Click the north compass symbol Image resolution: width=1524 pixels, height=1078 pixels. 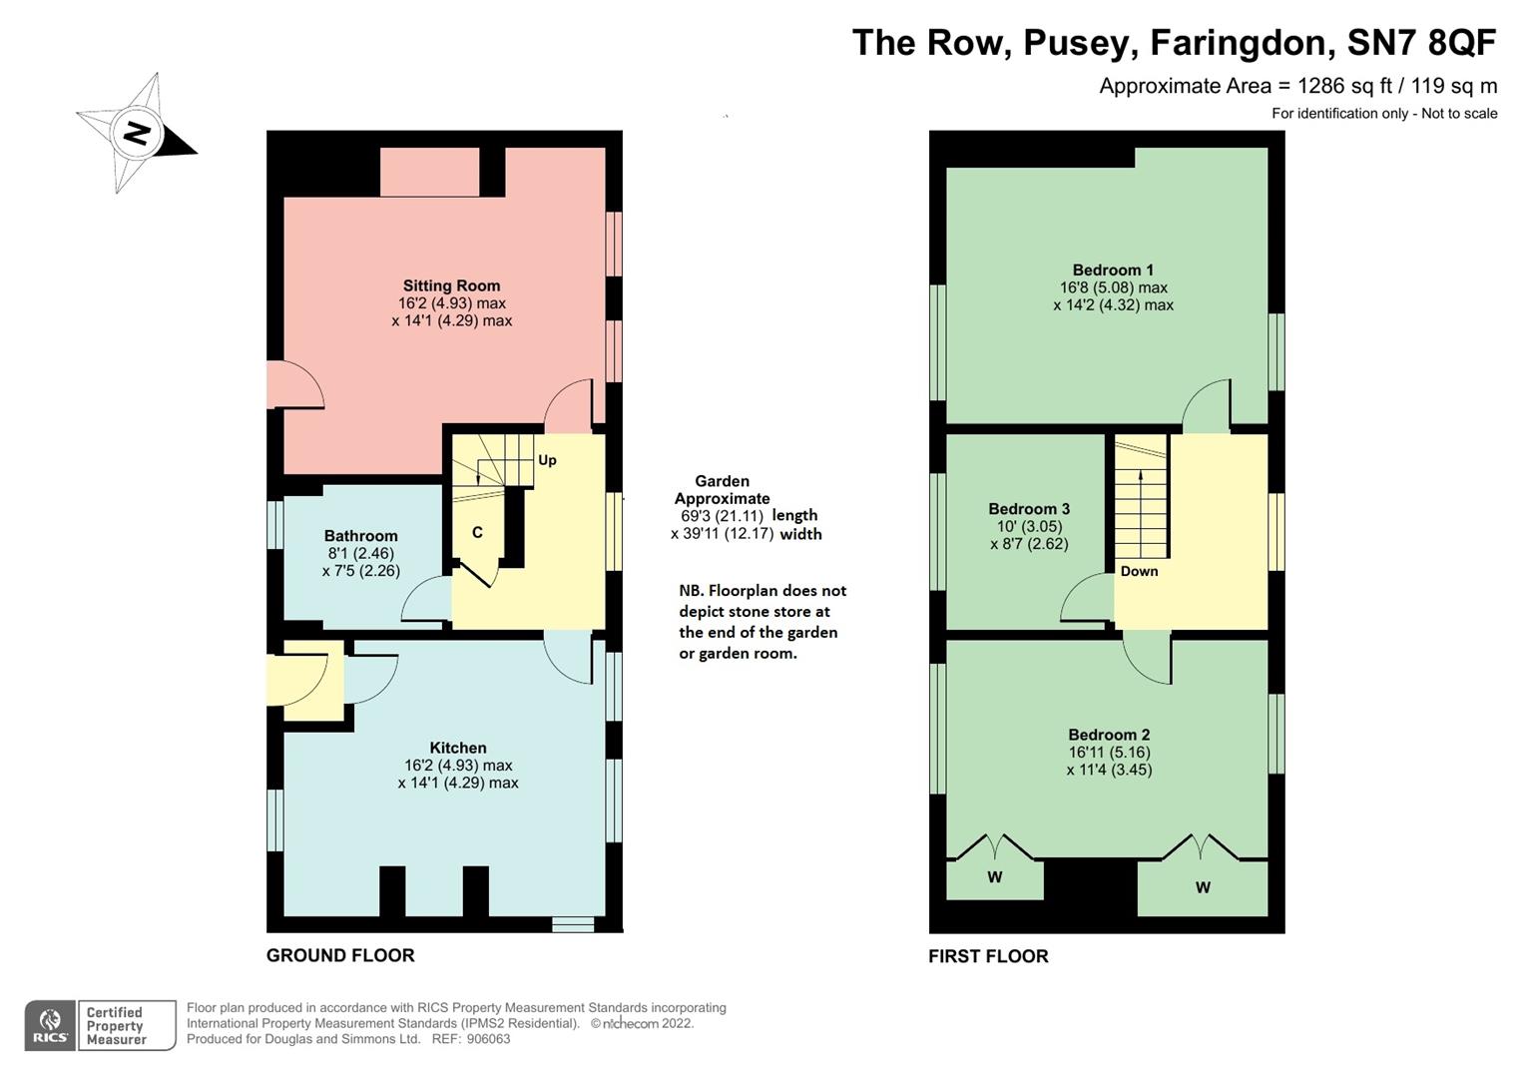[137, 133]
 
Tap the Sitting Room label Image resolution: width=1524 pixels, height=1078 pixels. [451, 285]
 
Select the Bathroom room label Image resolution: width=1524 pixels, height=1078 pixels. [360, 536]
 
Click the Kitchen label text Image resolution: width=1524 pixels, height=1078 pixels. [458, 748]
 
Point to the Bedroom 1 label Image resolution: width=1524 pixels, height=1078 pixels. [1113, 269]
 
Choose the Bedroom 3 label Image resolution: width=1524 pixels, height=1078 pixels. [1029, 509]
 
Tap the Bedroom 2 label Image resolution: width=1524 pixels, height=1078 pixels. [1109, 735]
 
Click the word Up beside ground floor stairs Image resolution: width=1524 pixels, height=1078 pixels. [547, 460]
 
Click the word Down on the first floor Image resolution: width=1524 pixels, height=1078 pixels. [1139, 571]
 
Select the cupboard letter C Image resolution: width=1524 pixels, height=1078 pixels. [477, 532]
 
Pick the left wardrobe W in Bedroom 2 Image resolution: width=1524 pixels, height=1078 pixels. [994, 877]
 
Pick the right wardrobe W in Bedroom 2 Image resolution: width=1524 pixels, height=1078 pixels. [1203, 887]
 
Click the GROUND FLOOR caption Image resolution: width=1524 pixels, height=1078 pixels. [340, 955]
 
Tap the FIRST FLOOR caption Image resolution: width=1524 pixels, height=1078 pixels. [988, 956]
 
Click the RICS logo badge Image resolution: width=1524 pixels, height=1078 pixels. [50, 1026]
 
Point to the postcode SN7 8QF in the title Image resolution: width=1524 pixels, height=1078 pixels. [1421, 43]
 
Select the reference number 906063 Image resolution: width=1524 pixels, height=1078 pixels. [488, 1039]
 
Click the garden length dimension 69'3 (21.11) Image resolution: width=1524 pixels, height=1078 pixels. [720, 516]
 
